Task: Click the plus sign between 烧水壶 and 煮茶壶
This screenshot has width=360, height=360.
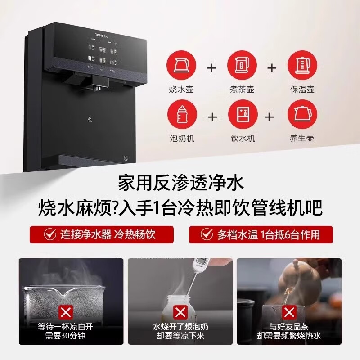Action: [x=211, y=68]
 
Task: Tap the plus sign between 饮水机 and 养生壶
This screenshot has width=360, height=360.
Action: [x=270, y=117]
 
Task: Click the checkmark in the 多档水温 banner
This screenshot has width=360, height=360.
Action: [x=207, y=234]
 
